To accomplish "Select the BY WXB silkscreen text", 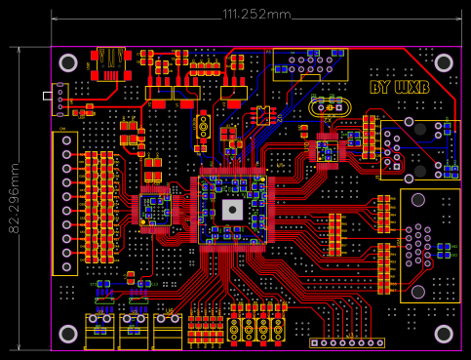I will click(400, 88).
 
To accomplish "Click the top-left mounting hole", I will click(68, 62).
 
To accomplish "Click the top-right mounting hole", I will click(444, 62).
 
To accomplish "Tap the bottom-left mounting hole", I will click(68, 335).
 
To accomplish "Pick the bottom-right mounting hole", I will click(444, 335).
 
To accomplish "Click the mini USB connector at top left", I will click(110, 62).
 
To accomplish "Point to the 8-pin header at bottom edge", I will click(347, 343).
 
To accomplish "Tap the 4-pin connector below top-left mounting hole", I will click(60, 99).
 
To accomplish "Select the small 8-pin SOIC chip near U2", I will click(262, 114).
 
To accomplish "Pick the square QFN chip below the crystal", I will click(326, 149).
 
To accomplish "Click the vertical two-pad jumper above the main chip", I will click(203, 125).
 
